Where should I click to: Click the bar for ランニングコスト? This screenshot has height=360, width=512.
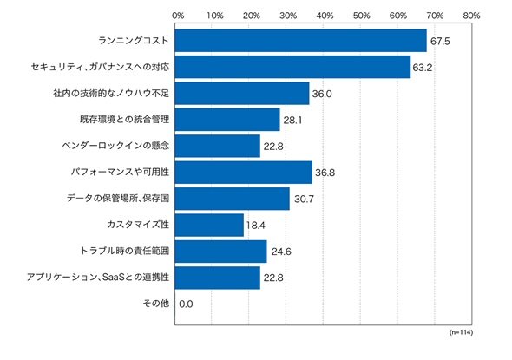click(x=301, y=41)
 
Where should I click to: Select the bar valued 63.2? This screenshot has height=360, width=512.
click(x=292, y=67)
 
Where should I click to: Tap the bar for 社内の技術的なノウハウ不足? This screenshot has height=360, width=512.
click(x=242, y=94)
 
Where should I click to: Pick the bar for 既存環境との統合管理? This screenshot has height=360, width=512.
click(x=227, y=120)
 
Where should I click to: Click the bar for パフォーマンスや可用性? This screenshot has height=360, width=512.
click(x=244, y=173)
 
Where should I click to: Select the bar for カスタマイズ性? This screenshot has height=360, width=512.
click(x=209, y=225)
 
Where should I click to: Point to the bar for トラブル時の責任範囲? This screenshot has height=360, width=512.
click(x=220, y=252)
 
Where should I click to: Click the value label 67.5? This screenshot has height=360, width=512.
click(x=440, y=41)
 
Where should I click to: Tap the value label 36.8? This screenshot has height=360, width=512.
click(x=325, y=173)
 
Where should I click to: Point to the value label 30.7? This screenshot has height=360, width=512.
click(x=304, y=199)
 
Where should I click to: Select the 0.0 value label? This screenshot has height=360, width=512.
click(x=186, y=304)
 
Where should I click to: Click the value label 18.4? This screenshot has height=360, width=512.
click(x=256, y=226)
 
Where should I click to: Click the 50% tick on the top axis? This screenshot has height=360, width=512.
click(x=362, y=16)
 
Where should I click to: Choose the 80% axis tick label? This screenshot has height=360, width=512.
click(x=471, y=16)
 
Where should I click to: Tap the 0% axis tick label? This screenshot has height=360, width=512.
click(x=178, y=16)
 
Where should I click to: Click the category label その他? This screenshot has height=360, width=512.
click(x=156, y=304)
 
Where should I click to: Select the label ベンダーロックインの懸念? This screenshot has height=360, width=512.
click(x=115, y=145)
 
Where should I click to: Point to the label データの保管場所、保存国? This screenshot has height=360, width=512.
click(x=118, y=198)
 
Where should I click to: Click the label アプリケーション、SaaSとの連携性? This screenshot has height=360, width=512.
click(x=98, y=277)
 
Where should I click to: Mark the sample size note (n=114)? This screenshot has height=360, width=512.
click(x=461, y=332)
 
